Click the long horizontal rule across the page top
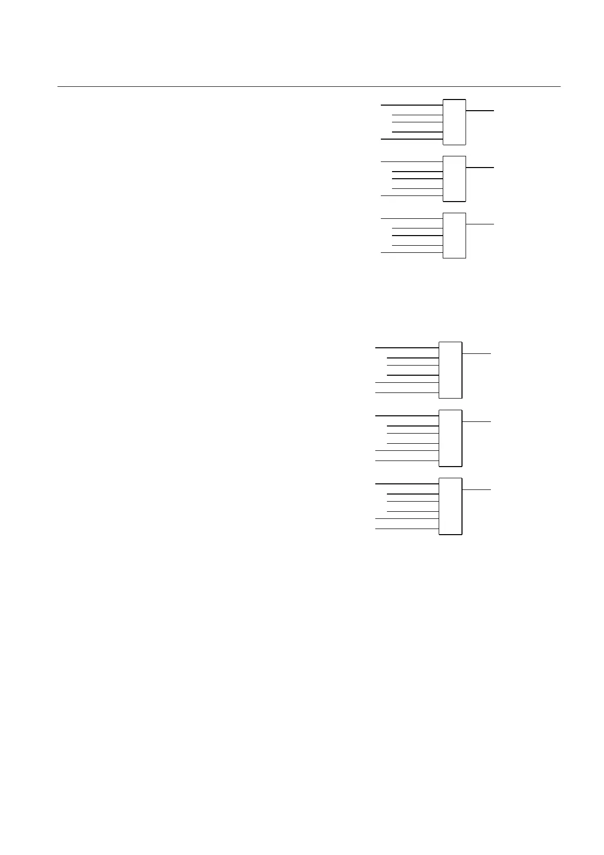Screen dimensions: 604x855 tap(308, 86)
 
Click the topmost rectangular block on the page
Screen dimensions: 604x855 tap(454, 122)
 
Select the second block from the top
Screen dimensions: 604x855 tap(454, 179)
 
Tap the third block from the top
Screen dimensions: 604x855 tap(454, 236)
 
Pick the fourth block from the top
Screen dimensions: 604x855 tap(450, 370)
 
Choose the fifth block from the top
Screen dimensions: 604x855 tap(450, 438)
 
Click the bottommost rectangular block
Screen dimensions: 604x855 tap(450, 506)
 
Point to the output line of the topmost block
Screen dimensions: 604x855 tap(480, 110)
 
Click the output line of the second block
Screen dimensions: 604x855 tap(480, 167)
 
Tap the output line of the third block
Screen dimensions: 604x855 tap(480, 224)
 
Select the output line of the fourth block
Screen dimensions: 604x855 tap(477, 353)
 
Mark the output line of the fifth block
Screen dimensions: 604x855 tap(477, 421)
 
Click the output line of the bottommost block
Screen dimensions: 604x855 tap(477, 489)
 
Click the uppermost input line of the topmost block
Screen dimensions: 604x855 tap(412, 105)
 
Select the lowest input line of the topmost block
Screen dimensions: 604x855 tap(412, 139)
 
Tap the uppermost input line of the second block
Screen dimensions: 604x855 tap(412, 161)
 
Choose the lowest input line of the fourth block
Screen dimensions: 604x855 tap(407, 392)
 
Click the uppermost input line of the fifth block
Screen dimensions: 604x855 tap(407, 416)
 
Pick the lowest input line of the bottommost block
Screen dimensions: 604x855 tap(407, 529)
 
